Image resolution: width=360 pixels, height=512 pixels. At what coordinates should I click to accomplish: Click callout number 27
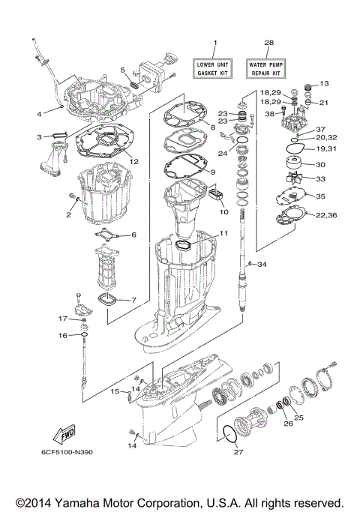[239, 453]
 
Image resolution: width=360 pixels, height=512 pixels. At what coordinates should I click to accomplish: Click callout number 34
[262, 265]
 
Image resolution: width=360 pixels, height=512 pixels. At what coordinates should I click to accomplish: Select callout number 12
[133, 161]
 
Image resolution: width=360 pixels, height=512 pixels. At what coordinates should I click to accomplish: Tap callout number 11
[224, 234]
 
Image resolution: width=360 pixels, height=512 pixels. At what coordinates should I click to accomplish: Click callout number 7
[133, 301]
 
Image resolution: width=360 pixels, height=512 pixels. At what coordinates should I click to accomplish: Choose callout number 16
[64, 335]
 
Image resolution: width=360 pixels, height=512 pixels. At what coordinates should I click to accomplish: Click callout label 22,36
[325, 216]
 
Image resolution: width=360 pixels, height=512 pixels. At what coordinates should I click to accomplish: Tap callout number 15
[115, 391]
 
